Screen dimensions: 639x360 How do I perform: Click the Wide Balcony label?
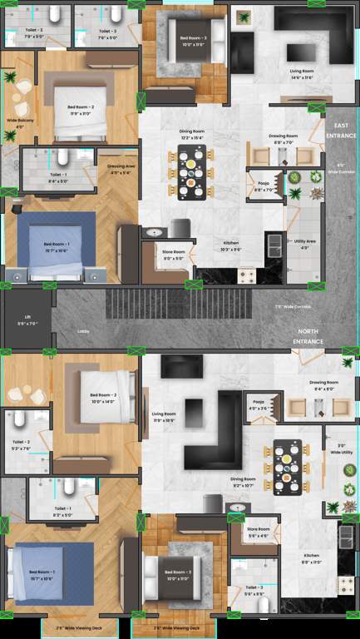coord(20,123)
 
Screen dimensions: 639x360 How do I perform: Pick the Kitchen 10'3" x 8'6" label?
coord(231,245)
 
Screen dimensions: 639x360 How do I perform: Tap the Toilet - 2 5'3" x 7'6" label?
coord(22,444)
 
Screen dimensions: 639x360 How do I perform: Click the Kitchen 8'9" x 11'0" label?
coord(311,557)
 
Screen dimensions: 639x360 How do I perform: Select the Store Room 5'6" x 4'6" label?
coord(258,532)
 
